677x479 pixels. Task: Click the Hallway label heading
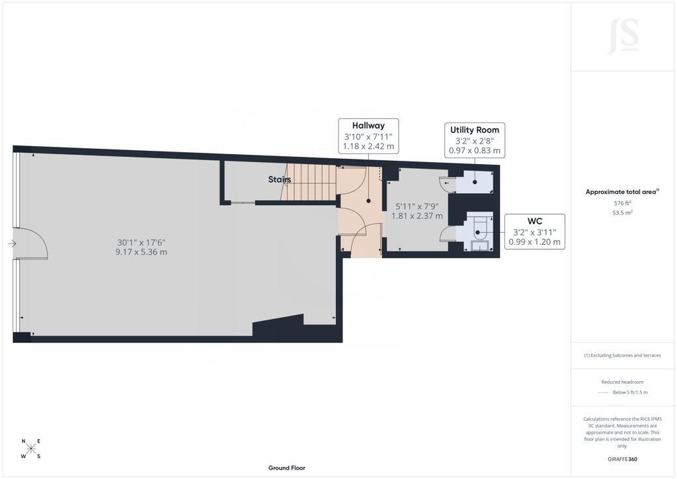(368, 126)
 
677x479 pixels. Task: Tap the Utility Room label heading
(475, 130)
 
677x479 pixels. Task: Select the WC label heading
(534, 221)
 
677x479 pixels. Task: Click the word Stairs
(280, 179)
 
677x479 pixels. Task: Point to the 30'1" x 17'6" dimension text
(141, 243)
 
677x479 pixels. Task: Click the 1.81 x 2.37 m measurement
(417, 216)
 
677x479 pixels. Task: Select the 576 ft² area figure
(622, 203)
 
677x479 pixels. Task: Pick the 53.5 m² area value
(622, 212)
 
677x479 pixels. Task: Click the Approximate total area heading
(622, 192)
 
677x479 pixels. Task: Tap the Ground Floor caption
(287, 468)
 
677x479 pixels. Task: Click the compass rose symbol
(31, 449)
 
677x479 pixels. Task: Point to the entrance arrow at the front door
(12, 244)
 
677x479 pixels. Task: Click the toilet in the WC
(480, 228)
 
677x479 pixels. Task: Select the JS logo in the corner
(623, 36)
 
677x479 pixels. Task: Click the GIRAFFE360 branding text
(622, 459)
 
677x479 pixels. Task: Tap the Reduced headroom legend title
(622, 382)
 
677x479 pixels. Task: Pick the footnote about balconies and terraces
(622, 355)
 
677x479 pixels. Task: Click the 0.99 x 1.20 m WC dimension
(534, 242)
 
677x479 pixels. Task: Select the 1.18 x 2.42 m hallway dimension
(368, 146)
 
